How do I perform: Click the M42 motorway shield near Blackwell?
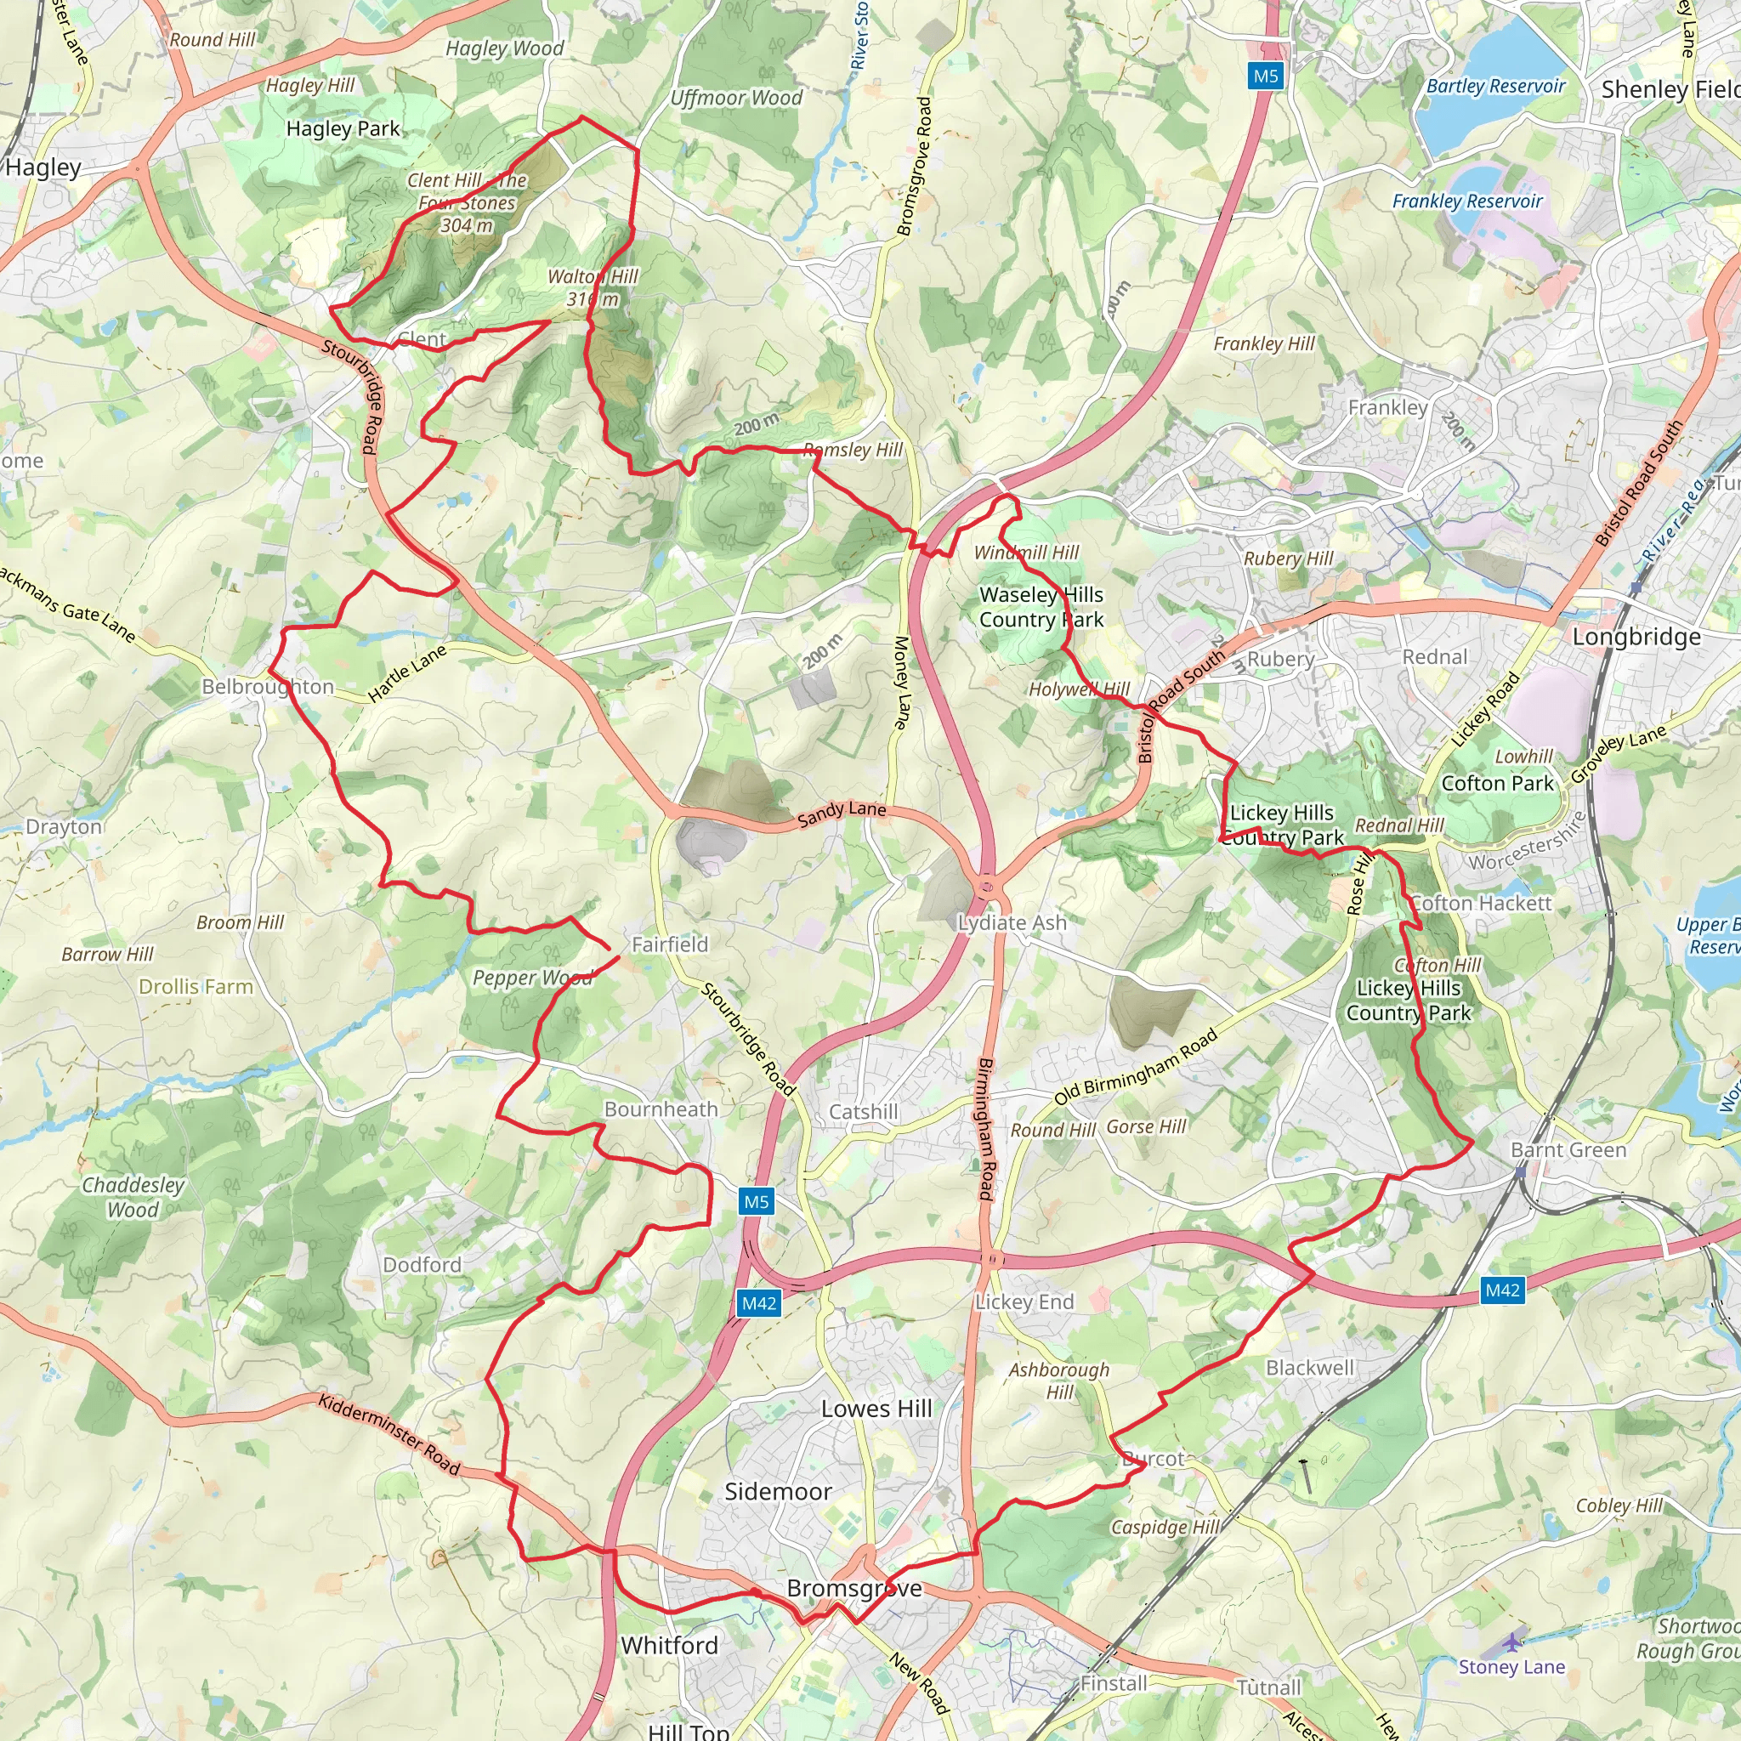(x=1502, y=1290)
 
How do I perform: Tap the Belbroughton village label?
(x=268, y=687)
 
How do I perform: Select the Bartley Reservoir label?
(x=1496, y=87)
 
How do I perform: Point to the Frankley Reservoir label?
(x=1467, y=201)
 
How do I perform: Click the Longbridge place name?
(x=1636, y=637)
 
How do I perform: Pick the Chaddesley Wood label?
(x=133, y=1198)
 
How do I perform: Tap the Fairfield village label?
(x=670, y=944)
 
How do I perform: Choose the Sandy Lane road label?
(x=842, y=813)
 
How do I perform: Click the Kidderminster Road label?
(x=389, y=1432)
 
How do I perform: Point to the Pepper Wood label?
(x=532, y=977)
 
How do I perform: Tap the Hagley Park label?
(x=343, y=129)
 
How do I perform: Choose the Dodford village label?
(x=422, y=1265)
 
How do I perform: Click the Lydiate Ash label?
(x=1012, y=922)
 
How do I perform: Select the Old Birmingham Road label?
(x=1136, y=1067)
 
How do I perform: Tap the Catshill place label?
(x=864, y=1112)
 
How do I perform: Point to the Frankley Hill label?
(x=1263, y=343)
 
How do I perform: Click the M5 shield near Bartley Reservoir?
(x=1266, y=76)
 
